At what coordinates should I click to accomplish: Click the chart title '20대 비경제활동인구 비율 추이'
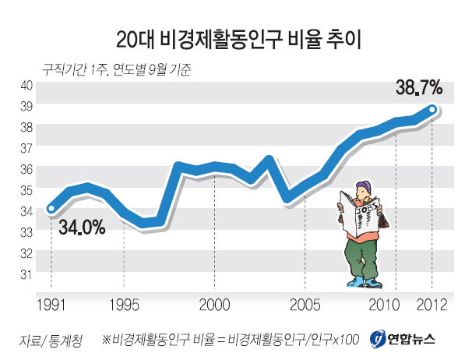pos(237,37)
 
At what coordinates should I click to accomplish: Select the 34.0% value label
pos(78,227)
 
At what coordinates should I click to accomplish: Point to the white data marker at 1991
pos(51,208)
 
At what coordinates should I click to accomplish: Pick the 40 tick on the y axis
pos(26,85)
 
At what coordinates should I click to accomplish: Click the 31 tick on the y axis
pos(26,274)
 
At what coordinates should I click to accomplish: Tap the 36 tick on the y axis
pos(26,169)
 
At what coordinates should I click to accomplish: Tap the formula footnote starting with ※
pos(231,340)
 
